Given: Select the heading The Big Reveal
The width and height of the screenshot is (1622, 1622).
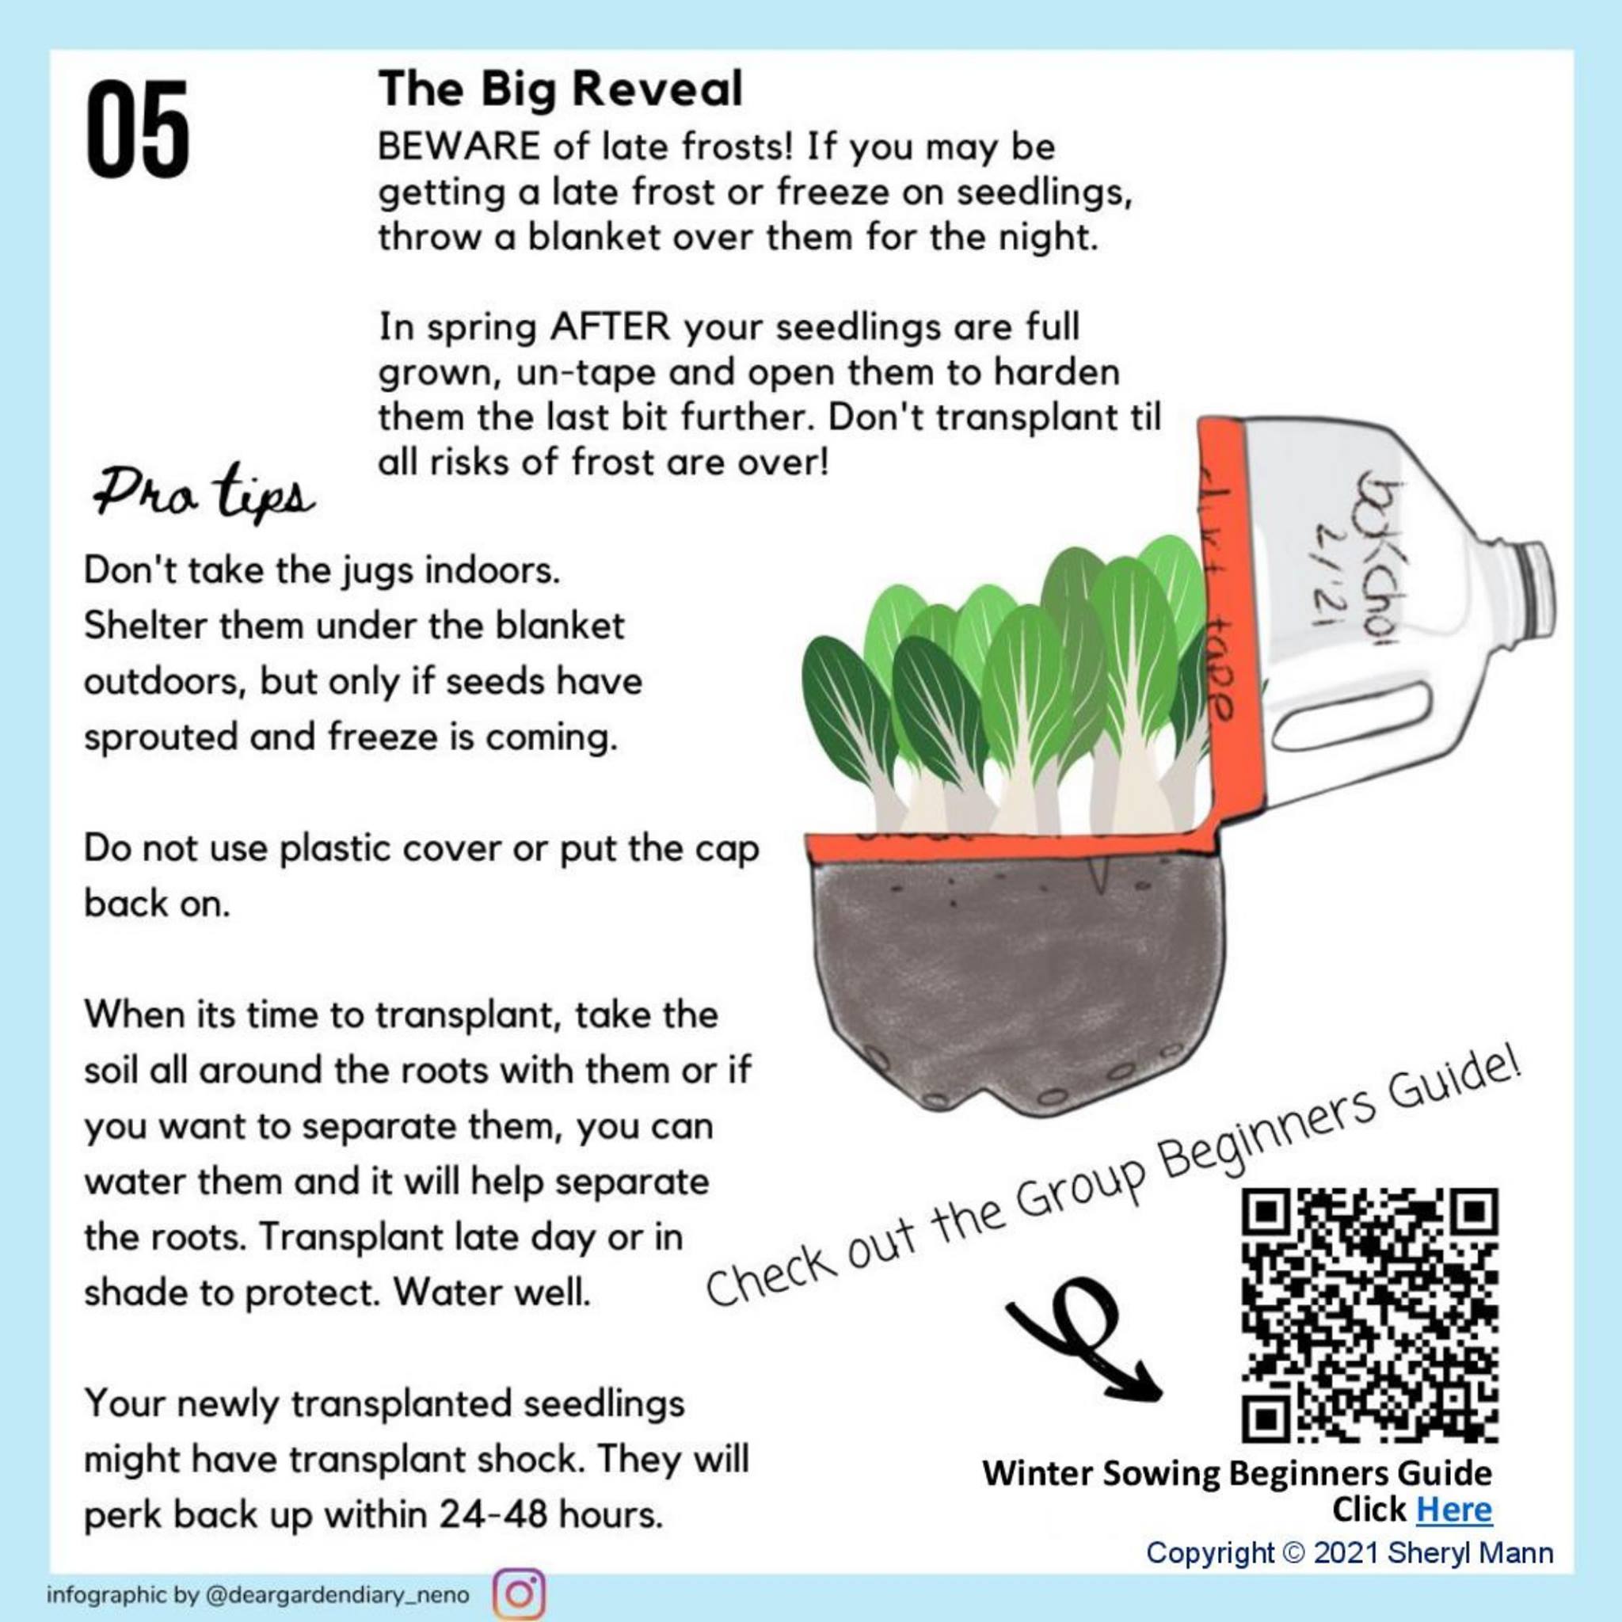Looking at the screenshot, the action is [561, 89].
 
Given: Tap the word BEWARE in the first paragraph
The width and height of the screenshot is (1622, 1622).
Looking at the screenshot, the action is [459, 148].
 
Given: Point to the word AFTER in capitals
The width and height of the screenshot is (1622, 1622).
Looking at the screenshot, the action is [610, 326].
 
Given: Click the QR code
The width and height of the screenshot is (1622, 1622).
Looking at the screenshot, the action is [1369, 1315].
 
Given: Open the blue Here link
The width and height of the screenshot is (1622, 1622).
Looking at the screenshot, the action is [1454, 1510].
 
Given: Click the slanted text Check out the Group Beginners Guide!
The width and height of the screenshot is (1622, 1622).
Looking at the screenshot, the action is [1114, 1187].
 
